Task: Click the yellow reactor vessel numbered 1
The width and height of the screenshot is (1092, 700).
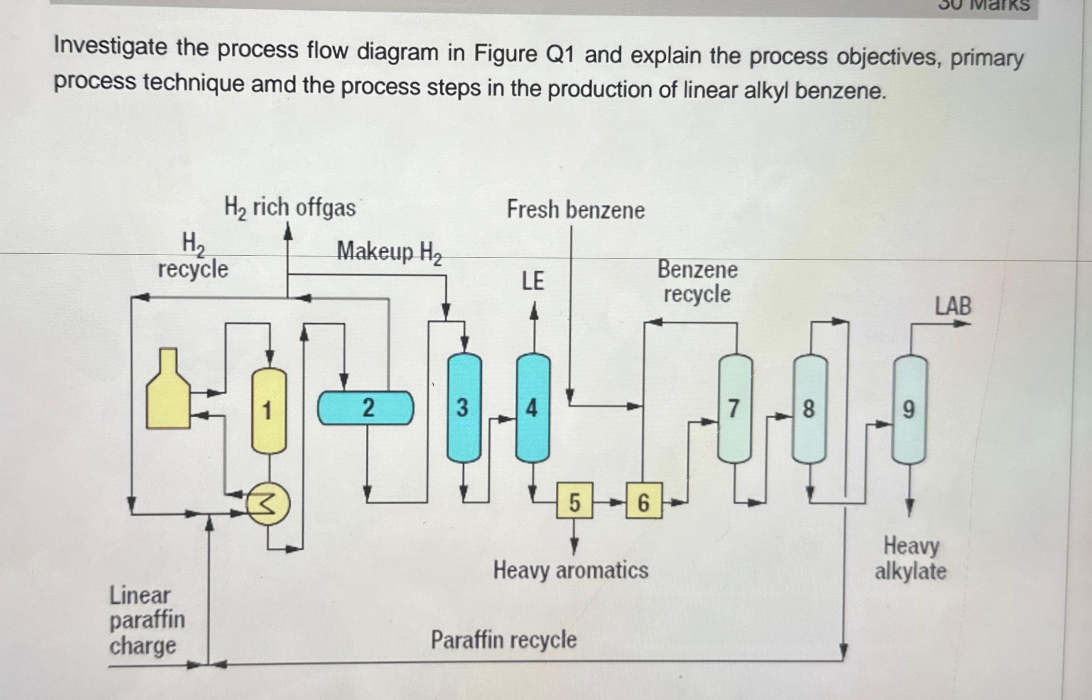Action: (x=268, y=410)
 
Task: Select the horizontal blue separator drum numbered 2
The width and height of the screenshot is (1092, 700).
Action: (x=365, y=408)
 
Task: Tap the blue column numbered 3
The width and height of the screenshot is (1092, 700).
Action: (x=464, y=408)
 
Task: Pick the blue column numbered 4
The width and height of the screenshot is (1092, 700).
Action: (x=533, y=408)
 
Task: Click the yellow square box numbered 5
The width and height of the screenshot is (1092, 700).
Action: (x=575, y=501)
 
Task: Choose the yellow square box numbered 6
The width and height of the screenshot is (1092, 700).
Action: (x=643, y=501)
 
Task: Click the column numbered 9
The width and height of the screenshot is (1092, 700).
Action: (x=909, y=409)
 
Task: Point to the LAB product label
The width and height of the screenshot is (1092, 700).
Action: (x=953, y=306)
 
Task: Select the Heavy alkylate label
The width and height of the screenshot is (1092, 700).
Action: (x=910, y=558)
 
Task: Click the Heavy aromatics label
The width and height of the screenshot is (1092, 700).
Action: (x=570, y=570)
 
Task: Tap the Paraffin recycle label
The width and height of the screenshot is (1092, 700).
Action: (x=504, y=640)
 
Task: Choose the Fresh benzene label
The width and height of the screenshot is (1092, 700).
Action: (x=575, y=210)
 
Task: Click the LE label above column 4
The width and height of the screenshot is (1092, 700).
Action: (x=533, y=281)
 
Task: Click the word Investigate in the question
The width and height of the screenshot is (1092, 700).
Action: (x=110, y=48)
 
